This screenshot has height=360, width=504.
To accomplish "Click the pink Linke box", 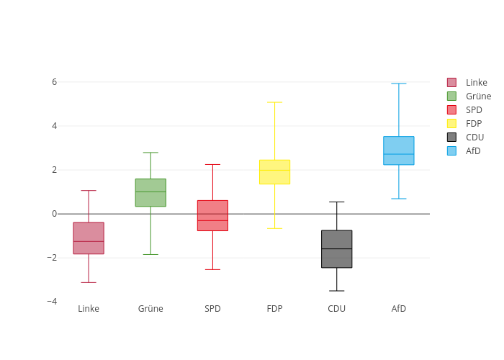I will pos(89,238).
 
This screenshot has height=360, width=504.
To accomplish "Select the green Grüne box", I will pos(150,192).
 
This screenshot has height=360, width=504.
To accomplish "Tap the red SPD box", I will pos(212,215).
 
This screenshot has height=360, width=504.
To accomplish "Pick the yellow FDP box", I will pos(274,171).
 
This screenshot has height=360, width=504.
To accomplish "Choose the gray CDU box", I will pos(336,249).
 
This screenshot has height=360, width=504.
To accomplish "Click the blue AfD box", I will pos(399,150).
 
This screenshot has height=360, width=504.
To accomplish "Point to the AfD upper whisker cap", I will pos(399,84).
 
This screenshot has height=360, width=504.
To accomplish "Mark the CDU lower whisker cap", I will pos(336,291).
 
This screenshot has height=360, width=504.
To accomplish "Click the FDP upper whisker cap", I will pos(274,102).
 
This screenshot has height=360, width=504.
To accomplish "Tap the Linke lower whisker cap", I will pos(89,282).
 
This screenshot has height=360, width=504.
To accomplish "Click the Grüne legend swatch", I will pos(451,96).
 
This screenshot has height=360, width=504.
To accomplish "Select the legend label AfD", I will pos(473,151).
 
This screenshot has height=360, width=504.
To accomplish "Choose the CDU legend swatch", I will pos(451,138).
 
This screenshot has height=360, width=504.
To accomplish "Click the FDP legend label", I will pos(474,124).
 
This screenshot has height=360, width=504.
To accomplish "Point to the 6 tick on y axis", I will pos(54,82).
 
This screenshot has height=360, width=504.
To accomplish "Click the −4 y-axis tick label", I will pos(52,302).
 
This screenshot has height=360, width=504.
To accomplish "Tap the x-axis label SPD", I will pos(212,309).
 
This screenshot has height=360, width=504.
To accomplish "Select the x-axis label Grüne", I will pos(150,309).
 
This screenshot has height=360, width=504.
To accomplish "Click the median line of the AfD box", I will pos(399,154).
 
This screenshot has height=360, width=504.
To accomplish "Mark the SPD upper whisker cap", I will pos(212,164).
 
